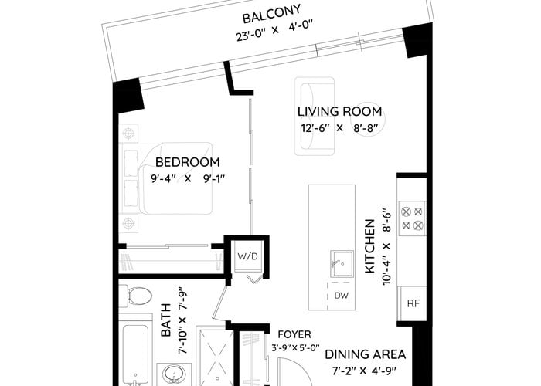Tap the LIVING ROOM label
[340, 112]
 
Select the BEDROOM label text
[187, 162]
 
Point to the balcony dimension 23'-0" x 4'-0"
[274, 31]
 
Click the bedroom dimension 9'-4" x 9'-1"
[188, 179]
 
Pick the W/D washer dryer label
[248, 257]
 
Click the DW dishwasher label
[342, 296]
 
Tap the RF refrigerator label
[413, 303]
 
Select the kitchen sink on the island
[342, 264]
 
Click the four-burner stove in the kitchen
[412, 218]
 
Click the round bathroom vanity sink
[174, 374]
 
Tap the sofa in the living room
[315, 116]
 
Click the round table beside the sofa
[364, 119]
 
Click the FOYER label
[294, 334]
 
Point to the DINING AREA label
[366, 354]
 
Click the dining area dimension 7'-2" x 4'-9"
[364, 371]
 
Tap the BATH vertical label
[166, 320]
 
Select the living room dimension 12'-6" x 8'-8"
[339, 128]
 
